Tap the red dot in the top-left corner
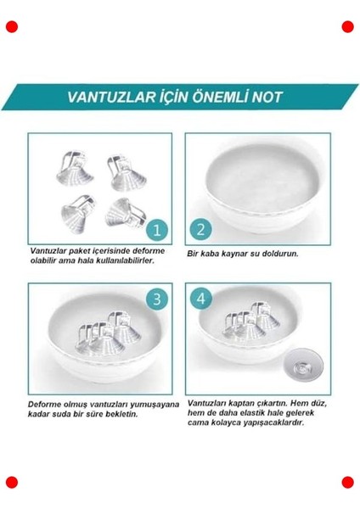click(x=12, y=27)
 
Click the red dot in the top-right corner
click(x=347, y=27)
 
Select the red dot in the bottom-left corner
click(x=12, y=483)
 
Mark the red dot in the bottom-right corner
click(x=347, y=483)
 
